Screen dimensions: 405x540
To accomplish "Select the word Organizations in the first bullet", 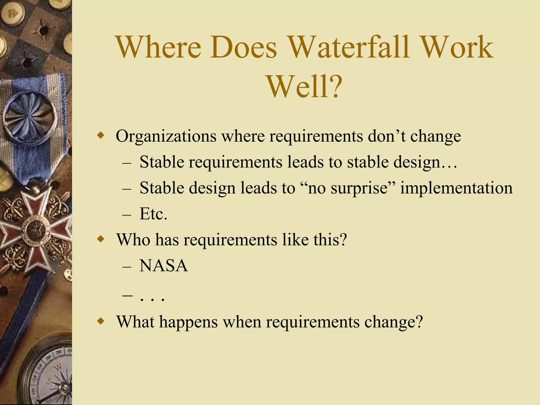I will (x=166, y=136).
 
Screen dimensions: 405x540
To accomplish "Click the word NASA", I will (x=163, y=266).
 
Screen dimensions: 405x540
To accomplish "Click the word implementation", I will (x=456, y=188).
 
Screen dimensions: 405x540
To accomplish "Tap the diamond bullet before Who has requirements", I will (x=101, y=239).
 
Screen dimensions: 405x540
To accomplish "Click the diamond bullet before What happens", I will (x=101, y=321).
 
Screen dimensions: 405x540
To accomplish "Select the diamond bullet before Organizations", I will (x=101, y=136).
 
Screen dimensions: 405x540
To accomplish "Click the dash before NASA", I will (x=127, y=266).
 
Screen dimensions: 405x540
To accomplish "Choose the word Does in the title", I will (x=243, y=47).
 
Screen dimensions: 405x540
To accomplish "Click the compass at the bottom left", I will (x=50, y=374).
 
